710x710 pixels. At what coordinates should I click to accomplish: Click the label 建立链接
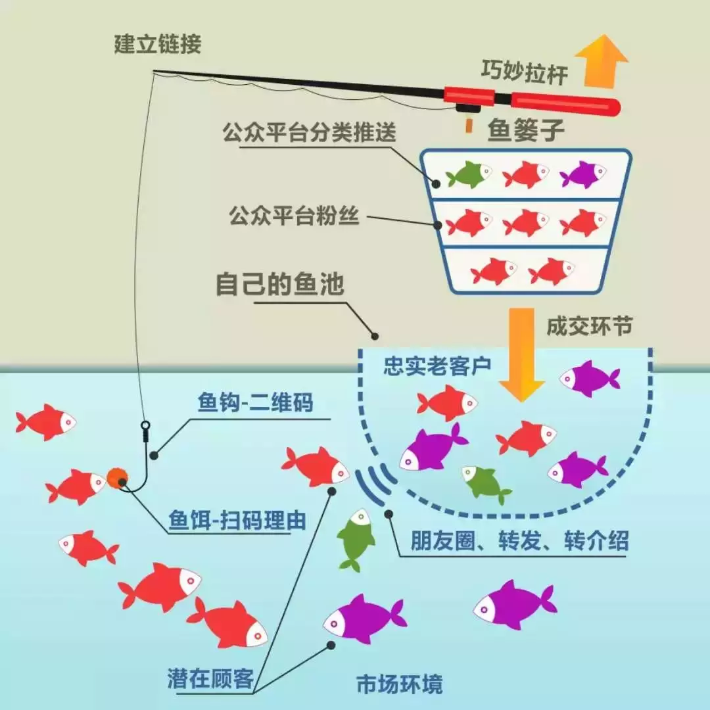[x=157, y=45]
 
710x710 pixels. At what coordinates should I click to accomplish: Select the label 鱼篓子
[x=525, y=130]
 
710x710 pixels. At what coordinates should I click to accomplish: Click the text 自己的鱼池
[x=280, y=287]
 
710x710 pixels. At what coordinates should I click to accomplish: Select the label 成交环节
[x=582, y=328]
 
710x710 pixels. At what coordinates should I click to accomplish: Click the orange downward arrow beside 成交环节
[x=521, y=354]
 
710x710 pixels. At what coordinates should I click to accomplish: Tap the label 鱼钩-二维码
[x=255, y=402]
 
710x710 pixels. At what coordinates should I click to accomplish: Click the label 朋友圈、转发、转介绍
[x=519, y=540]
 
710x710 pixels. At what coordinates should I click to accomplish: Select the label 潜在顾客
[x=210, y=679]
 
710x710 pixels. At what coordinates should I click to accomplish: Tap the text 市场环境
[x=399, y=684]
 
